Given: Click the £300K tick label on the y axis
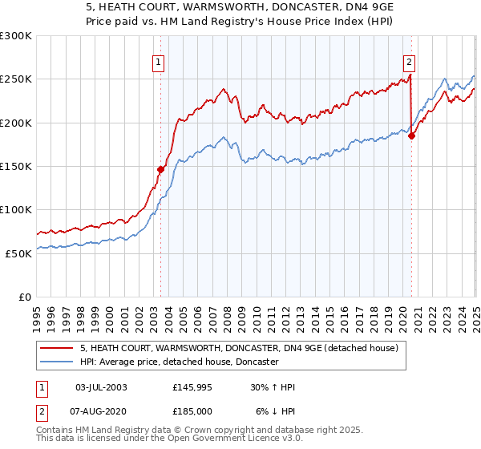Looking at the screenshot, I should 15,36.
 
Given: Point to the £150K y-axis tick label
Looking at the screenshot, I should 15,167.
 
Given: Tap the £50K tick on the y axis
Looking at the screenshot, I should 18,253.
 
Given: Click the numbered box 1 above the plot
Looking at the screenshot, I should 158,63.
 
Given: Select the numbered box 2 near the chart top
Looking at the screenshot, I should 410,63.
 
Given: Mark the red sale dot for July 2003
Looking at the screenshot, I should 160,169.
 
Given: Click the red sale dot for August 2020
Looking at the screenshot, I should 411,136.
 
